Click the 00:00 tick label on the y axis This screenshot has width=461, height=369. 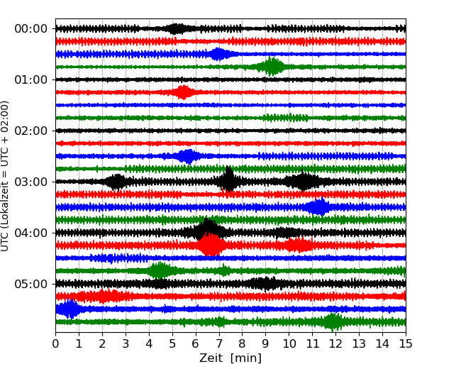pyautogui.click(x=30, y=29)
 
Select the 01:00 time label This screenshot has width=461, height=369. pyautogui.click(x=30, y=80)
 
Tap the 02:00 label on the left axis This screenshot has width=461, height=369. pyautogui.click(x=30, y=131)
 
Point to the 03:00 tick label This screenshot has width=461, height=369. pyautogui.click(x=30, y=182)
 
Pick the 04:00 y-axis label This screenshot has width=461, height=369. pyautogui.click(x=30, y=233)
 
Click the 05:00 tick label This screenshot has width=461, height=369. pyautogui.click(x=30, y=285)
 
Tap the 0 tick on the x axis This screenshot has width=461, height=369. pyautogui.click(x=56, y=344)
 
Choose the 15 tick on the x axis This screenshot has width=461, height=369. pyautogui.click(x=405, y=344)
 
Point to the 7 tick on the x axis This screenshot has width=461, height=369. pyautogui.click(x=218, y=344)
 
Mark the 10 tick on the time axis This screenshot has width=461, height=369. pyautogui.click(x=289, y=344)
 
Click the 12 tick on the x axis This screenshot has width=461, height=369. pyautogui.click(x=335, y=344)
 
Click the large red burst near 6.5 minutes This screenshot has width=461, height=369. pyautogui.click(x=211, y=245)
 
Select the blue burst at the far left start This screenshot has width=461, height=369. pyautogui.click(x=68, y=309)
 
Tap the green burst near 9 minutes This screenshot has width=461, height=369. pyautogui.click(x=272, y=67)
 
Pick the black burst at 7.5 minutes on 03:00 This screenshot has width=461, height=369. pyautogui.click(x=228, y=181)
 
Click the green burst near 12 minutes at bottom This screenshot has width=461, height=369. pyautogui.click(x=333, y=321)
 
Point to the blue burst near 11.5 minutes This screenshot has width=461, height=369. pyautogui.click(x=320, y=206)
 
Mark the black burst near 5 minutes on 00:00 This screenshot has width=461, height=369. pyautogui.click(x=176, y=28)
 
